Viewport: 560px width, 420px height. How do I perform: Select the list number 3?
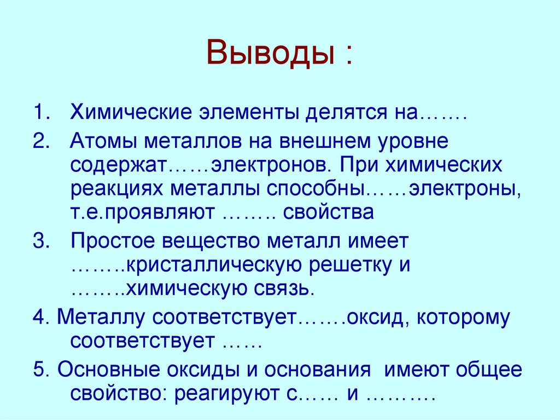(x=39, y=241)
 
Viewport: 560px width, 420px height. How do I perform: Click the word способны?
(x=316, y=188)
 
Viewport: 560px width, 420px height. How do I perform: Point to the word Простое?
(x=112, y=241)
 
